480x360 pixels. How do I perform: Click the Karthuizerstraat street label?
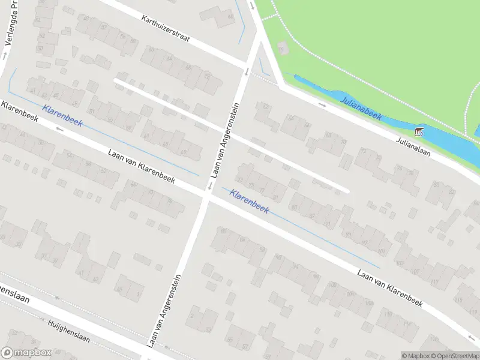click(166, 29)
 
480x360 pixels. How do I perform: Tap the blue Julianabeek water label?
click(361, 109)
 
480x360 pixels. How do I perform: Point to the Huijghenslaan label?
click(68, 330)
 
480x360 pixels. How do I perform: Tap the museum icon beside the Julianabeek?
click(418, 131)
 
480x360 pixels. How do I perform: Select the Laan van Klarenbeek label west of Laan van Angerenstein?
click(142, 166)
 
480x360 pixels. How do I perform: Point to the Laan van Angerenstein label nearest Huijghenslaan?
click(164, 310)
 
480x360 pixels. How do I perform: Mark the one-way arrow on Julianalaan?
click(322, 106)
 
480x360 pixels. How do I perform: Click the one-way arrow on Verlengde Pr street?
click(4, 55)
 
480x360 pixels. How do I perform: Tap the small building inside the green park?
click(283, 47)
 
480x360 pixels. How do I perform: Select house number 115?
click(460, 299)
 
